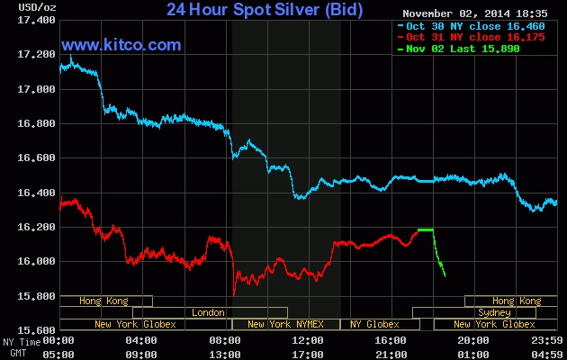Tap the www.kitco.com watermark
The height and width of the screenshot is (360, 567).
(x=121, y=44)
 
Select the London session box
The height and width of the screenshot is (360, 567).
(x=209, y=312)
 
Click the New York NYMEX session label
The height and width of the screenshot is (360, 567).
(x=285, y=324)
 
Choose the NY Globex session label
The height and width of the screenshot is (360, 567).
(x=374, y=324)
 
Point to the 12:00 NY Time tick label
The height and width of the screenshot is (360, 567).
(x=308, y=341)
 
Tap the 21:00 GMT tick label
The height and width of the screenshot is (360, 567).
(x=391, y=354)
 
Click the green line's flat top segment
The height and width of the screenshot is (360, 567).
(x=426, y=229)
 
